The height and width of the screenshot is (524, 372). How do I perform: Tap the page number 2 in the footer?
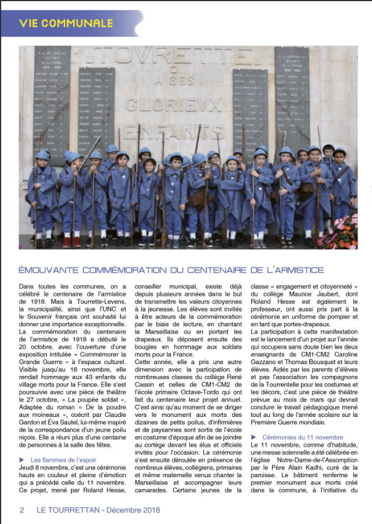tap(22, 510)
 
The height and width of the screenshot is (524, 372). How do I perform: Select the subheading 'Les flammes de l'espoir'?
tap(64, 459)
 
